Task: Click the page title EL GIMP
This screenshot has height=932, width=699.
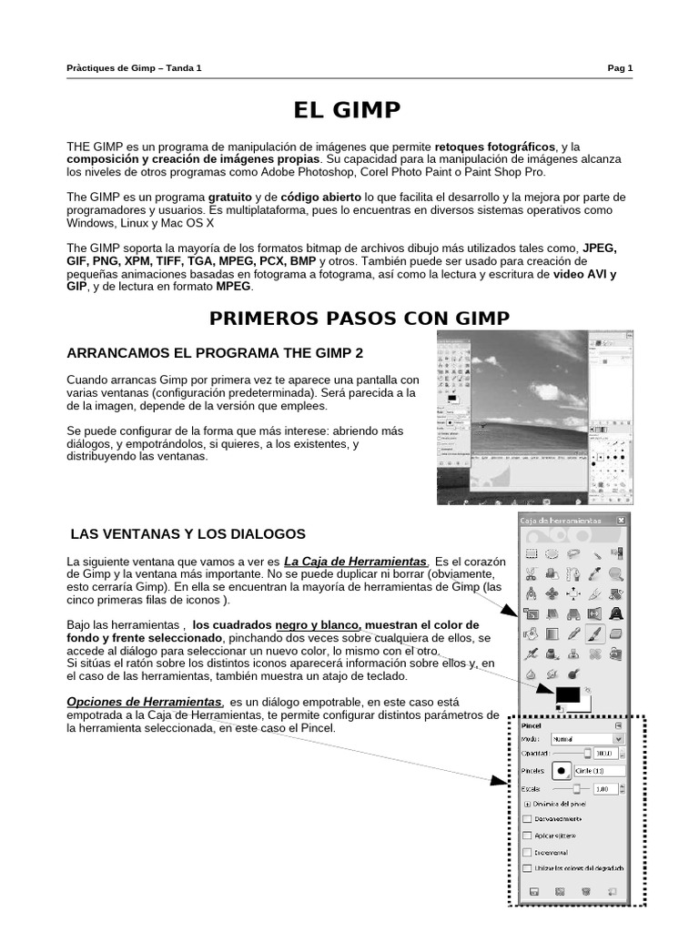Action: click(346, 110)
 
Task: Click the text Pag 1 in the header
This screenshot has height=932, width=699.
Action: click(620, 67)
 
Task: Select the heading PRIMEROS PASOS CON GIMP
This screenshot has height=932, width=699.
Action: click(360, 318)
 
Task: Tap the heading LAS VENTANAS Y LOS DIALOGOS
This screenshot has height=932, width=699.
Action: click(188, 533)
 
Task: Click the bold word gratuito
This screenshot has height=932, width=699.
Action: click(229, 197)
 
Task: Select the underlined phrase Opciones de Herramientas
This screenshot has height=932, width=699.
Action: click(145, 702)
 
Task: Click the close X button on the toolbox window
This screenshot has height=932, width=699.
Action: click(621, 520)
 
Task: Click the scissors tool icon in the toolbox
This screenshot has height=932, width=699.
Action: click(530, 573)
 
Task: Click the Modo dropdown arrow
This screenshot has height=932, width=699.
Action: click(619, 740)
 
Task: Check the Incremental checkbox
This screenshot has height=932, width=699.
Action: click(528, 852)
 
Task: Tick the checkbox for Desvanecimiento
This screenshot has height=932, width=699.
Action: click(528, 819)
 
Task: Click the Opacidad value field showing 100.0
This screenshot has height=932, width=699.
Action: click(605, 754)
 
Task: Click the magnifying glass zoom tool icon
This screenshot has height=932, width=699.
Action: click(615, 573)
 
